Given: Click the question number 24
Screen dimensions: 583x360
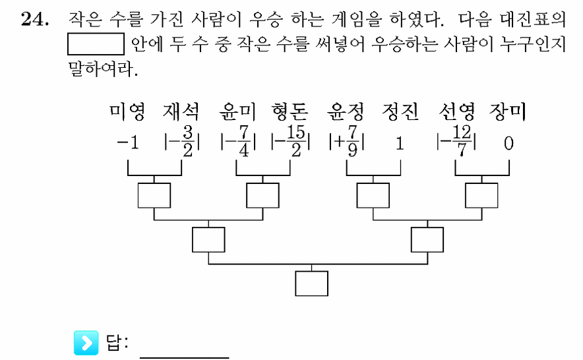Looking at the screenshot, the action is click(x=34, y=18).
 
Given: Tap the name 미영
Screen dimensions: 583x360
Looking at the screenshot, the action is click(x=127, y=111).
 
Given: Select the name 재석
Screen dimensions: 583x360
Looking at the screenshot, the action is click(x=181, y=111).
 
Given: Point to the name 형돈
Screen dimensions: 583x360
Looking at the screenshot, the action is click(x=290, y=111).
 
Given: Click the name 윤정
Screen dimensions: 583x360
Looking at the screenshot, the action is click(x=346, y=111).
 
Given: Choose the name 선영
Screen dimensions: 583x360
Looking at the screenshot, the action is click(x=456, y=111).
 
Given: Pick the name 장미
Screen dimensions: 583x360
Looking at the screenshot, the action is click(x=508, y=111).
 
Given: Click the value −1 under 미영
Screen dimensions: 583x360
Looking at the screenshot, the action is click(x=128, y=143).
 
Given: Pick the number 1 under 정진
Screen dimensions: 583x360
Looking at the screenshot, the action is click(x=400, y=143).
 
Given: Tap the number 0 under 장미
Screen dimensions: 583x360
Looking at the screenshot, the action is click(x=508, y=143).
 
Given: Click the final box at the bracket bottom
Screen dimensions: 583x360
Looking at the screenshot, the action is click(x=311, y=284).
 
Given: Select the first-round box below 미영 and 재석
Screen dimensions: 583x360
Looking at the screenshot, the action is click(x=154, y=195).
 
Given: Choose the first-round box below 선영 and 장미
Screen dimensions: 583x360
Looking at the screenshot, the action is click(x=481, y=195).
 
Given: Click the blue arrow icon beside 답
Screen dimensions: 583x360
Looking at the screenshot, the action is click(x=86, y=342).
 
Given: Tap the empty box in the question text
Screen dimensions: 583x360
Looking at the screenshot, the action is click(x=96, y=44).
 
